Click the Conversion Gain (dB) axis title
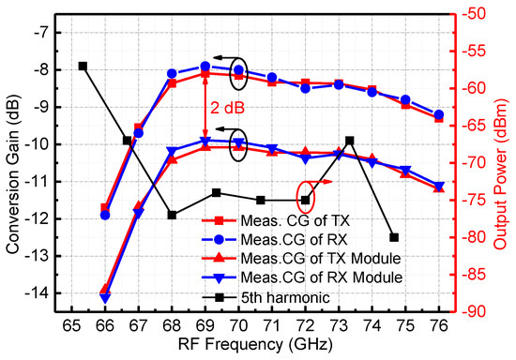pos(12,164)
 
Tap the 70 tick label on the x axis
pos(238,325)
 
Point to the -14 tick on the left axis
pos(36,293)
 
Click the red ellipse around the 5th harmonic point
pos(305,200)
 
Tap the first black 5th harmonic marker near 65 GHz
pos(83,66)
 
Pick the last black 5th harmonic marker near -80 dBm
pos(394,237)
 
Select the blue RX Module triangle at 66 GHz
pos(104,297)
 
